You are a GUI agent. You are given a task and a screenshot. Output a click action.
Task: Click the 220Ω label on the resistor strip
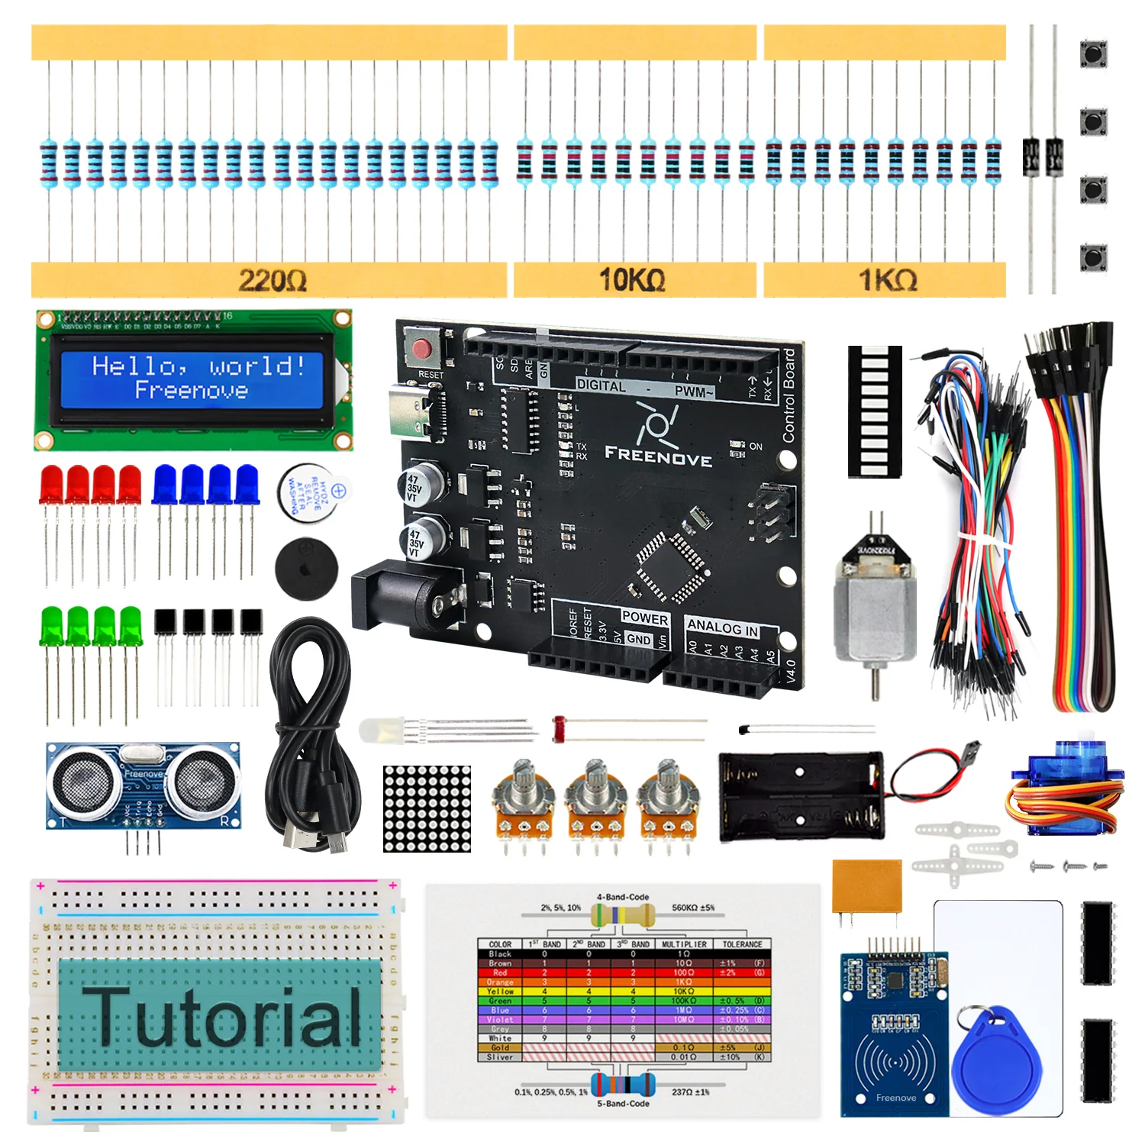[273, 280]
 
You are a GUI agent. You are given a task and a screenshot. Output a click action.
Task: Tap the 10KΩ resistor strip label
[632, 280]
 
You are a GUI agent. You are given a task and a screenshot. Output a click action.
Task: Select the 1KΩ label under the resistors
[888, 280]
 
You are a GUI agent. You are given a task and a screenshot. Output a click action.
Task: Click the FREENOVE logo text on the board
[658, 456]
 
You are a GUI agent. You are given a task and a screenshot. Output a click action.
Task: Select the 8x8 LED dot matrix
[427, 809]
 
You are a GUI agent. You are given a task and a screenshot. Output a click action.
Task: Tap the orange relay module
[866, 885]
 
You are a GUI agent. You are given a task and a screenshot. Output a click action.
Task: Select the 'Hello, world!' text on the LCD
[198, 366]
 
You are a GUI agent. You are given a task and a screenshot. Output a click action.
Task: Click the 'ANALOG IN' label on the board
[722, 627]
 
